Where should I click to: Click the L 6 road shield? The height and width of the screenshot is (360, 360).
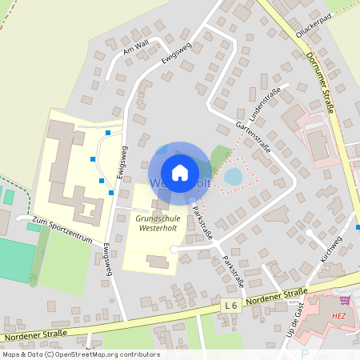(232, 306)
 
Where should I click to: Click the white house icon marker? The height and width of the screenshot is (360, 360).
(179, 172)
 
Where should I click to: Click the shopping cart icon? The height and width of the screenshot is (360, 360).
(345, 300)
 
